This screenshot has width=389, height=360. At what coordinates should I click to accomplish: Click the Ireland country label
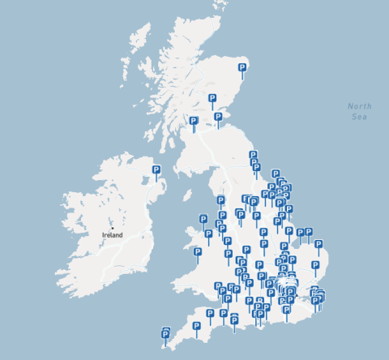[x=112, y=235]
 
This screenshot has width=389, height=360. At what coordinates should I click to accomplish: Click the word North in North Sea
[x=359, y=106]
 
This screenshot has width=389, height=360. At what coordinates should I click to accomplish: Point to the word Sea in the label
[x=359, y=117]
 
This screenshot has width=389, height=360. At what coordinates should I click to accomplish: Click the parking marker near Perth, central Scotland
[x=212, y=99]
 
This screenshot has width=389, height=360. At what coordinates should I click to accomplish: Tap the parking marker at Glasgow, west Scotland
[x=193, y=122]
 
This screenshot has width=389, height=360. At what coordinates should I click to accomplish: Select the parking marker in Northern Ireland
[x=156, y=170]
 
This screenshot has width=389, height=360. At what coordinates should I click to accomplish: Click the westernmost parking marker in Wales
[x=198, y=252]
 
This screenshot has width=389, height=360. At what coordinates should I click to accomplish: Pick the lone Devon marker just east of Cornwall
[x=196, y=326]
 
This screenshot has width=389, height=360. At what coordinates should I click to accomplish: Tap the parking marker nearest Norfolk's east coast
[x=318, y=243]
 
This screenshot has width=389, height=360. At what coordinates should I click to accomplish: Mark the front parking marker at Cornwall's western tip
[x=167, y=335]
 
